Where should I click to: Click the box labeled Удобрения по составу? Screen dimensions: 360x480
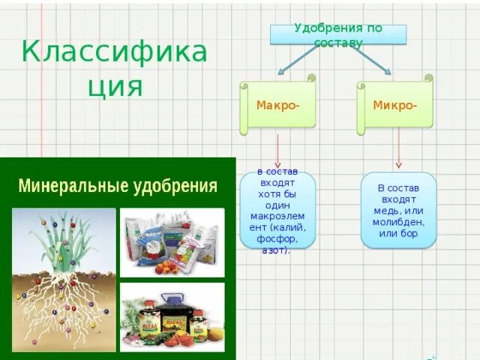click(337, 34)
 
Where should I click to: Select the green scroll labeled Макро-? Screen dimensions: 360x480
click(278, 106)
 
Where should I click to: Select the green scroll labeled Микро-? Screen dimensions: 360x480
click(395, 106)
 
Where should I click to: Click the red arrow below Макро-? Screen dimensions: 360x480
click(278, 151)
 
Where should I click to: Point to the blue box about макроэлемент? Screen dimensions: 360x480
click(278, 211)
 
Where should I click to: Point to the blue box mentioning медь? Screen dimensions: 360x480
click(398, 211)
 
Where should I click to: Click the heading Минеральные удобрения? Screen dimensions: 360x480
click(118, 186)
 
